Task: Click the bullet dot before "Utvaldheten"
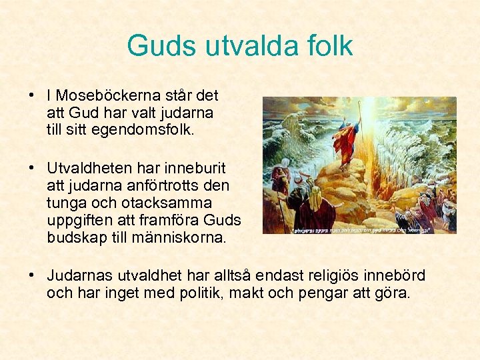pos(33,167)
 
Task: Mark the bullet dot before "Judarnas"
pos(33,275)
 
